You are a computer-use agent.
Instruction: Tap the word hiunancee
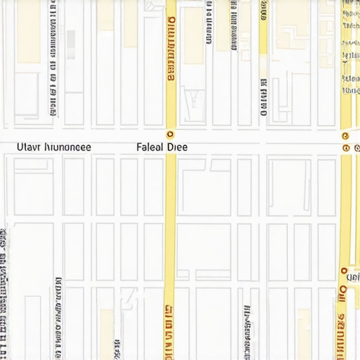(x=67, y=148)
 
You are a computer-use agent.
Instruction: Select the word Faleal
(x=150, y=148)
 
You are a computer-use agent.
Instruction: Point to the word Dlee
(x=178, y=148)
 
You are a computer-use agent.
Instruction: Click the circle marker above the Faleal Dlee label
(x=169, y=134)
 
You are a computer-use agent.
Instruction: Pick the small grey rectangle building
(x=71, y=43)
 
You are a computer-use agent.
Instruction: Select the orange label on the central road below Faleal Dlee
(x=168, y=330)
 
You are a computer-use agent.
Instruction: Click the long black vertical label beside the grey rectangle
(x=53, y=56)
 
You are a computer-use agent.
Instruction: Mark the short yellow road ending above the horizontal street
(x=263, y=28)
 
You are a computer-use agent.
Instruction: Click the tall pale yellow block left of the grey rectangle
(x=29, y=32)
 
